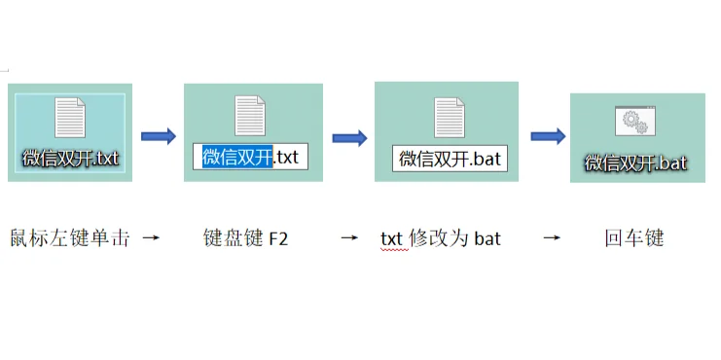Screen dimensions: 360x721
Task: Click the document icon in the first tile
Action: [x=71, y=117]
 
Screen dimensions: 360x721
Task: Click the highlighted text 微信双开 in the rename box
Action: [x=236, y=157]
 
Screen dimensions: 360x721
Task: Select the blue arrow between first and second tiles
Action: [x=158, y=135]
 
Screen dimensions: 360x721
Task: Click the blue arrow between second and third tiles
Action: [x=349, y=137]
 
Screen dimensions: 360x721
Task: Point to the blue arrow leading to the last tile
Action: [x=548, y=135]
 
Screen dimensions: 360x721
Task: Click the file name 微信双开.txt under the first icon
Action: [x=71, y=157]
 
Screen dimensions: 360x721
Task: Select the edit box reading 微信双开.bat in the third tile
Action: [x=449, y=159]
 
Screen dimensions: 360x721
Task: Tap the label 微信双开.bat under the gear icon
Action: [x=636, y=162]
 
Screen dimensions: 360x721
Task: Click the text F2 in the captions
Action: [x=278, y=238]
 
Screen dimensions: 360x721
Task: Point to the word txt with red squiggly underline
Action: [x=391, y=238]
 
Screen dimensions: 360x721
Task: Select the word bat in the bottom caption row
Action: [x=487, y=238]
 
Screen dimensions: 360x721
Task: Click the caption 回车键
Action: [x=633, y=237]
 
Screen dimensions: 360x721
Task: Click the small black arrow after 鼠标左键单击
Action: [x=150, y=237]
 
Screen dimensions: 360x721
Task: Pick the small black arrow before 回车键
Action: [x=551, y=237]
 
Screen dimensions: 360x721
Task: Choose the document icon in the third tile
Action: [x=449, y=118]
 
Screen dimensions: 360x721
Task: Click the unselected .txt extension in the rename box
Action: [x=289, y=157]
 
